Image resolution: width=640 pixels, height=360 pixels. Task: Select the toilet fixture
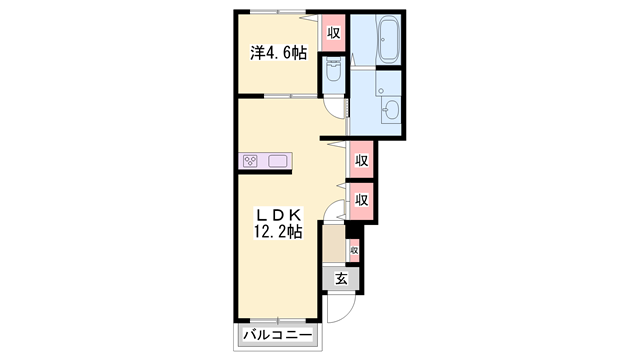coord(333,69)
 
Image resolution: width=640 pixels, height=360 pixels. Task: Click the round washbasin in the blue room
coord(389,109)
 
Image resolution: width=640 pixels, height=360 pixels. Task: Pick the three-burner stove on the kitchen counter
coord(250,160)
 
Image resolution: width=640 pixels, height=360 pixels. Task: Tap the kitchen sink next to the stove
coord(276,160)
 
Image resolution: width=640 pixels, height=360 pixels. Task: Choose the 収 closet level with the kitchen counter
coord(361,160)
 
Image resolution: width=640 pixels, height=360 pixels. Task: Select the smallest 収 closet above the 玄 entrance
coord(353,249)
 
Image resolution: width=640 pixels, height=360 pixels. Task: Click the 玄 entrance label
coord(341,279)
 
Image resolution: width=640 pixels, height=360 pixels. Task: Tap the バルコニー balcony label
coord(277,335)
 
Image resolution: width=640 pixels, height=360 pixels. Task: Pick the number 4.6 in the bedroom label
coord(282,53)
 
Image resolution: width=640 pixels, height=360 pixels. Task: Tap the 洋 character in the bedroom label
coord(256,53)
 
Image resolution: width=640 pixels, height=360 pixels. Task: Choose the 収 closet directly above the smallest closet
coord(361,199)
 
